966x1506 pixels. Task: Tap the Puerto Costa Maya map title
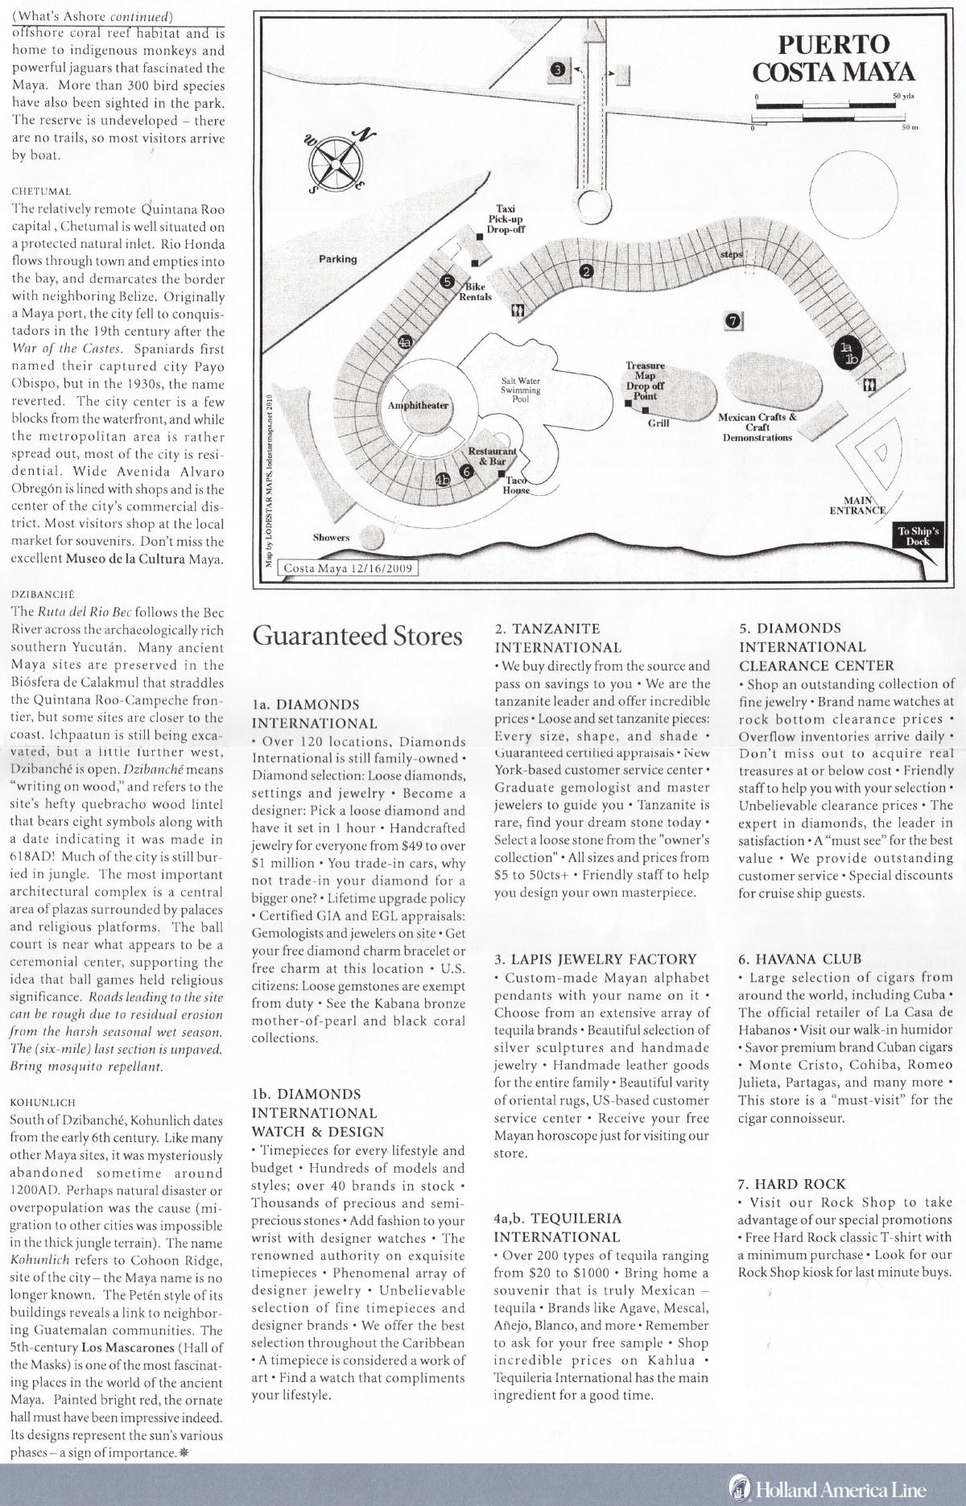(833, 58)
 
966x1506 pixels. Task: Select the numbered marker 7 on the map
(732, 320)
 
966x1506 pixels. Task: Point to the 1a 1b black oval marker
(847, 353)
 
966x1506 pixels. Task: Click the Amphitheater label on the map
(418, 405)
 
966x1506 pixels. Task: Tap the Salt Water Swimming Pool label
(521, 390)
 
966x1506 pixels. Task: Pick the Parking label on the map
(337, 258)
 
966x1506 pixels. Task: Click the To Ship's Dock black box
(918, 536)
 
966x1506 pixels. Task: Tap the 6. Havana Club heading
(799, 959)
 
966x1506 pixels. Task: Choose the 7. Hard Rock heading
(791, 1183)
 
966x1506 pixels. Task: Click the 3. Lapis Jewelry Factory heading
(595, 959)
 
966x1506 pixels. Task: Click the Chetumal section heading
(42, 192)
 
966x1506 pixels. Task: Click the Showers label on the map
(331, 537)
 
